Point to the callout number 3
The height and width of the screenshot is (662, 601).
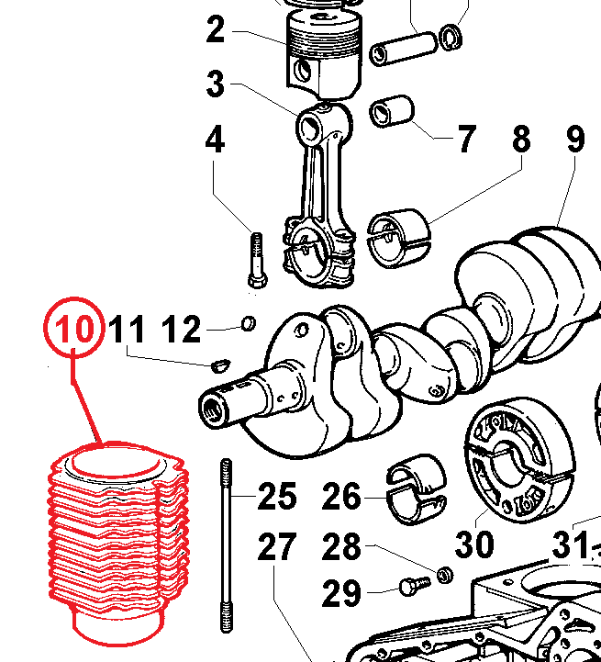click(x=215, y=85)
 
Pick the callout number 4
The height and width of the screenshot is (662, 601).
click(x=215, y=140)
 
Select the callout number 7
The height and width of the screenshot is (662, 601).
click(x=466, y=140)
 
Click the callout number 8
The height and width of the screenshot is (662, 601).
click(x=521, y=140)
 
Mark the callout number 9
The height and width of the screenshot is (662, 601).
click(x=575, y=140)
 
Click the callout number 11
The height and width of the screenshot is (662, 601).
click(x=128, y=329)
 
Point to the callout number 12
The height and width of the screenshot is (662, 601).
click(x=182, y=329)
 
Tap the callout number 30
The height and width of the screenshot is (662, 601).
click(x=475, y=544)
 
